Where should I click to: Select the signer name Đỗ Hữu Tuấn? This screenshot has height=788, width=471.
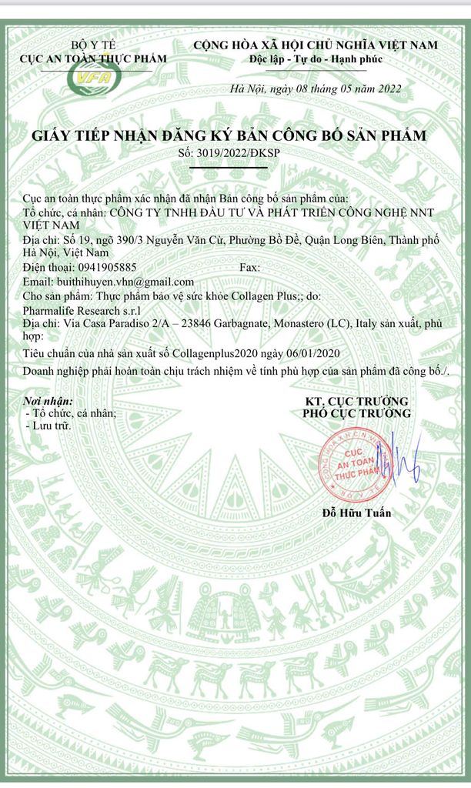(x=356, y=513)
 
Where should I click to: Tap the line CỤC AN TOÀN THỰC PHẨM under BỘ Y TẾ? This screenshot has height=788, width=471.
(x=93, y=58)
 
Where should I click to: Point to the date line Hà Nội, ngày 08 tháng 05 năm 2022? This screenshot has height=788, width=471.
(x=316, y=88)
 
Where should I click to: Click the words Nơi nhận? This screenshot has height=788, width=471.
(x=49, y=401)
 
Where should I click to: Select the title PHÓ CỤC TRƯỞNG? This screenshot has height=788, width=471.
(x=356, y=413)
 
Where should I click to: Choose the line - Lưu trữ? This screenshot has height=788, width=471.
(x=48, y=425)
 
